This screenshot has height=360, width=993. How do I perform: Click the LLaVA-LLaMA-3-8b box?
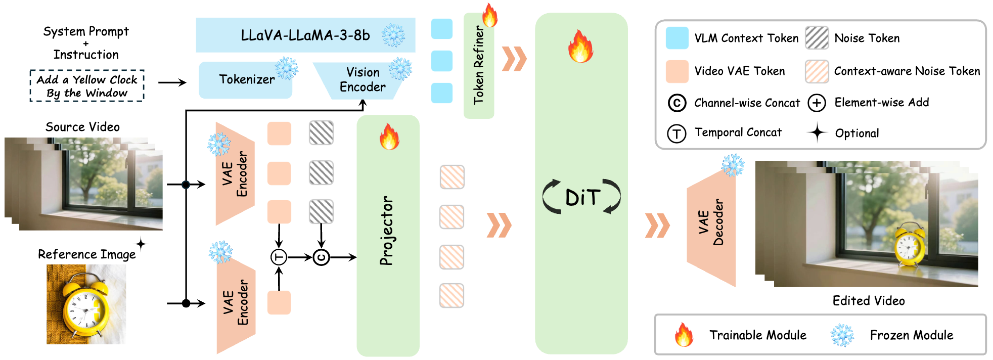point(305,35)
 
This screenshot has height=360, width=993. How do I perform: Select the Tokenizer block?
point(246,79)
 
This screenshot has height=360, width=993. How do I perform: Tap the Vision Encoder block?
point(362,80)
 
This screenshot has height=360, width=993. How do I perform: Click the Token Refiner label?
point(478,66)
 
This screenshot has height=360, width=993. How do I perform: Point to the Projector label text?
point(387,231)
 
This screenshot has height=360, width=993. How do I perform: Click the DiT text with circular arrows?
point(582,197)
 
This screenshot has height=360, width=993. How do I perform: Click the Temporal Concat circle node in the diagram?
point(279,257)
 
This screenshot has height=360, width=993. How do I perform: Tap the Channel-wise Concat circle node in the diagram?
point(321,257)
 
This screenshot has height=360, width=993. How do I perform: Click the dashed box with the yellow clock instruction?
point(87,86)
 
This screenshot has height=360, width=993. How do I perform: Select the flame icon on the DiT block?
point(580,46)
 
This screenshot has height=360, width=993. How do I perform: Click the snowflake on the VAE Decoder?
point(733,165)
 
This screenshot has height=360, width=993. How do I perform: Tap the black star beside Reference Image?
point(141,245)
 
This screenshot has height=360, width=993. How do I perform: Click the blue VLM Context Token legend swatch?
point(677,38)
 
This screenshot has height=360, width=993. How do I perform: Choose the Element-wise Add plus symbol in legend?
point(817,103)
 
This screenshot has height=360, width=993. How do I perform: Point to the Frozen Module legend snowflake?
point(842,335)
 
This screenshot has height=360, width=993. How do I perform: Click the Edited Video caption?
point(868,301)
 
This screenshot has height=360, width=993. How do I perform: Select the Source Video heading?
point(82,127)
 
